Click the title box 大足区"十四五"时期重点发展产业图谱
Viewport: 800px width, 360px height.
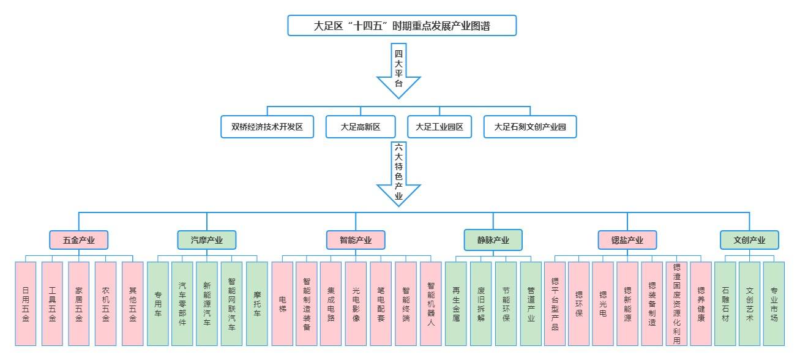pos(402,26)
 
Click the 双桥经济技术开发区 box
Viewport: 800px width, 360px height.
pos(267,127)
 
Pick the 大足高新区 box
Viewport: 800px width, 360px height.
pos(361,127)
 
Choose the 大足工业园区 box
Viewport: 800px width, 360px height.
pos(439,127)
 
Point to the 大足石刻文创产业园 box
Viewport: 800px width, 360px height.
pos(529,127)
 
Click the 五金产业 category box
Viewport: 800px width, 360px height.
pos(78,240)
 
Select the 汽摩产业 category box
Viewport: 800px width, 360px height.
pos(206,240)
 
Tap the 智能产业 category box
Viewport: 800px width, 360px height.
pos(356,240)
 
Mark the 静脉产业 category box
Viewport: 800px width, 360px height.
pos(493,240)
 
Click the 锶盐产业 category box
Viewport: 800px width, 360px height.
pos(627,240)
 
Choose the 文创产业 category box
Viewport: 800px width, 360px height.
pos(749,240)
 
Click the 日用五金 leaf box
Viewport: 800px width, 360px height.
pos(26,303)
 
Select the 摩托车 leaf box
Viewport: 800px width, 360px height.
pos(257,303)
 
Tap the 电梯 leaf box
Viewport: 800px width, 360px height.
pos(282,303)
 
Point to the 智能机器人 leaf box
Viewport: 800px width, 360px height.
pos(431,303)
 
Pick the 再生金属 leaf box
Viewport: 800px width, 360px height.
pos(456,303)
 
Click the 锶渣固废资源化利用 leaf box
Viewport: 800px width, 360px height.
pos(676,303)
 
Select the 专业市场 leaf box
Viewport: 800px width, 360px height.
pos(774,303)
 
